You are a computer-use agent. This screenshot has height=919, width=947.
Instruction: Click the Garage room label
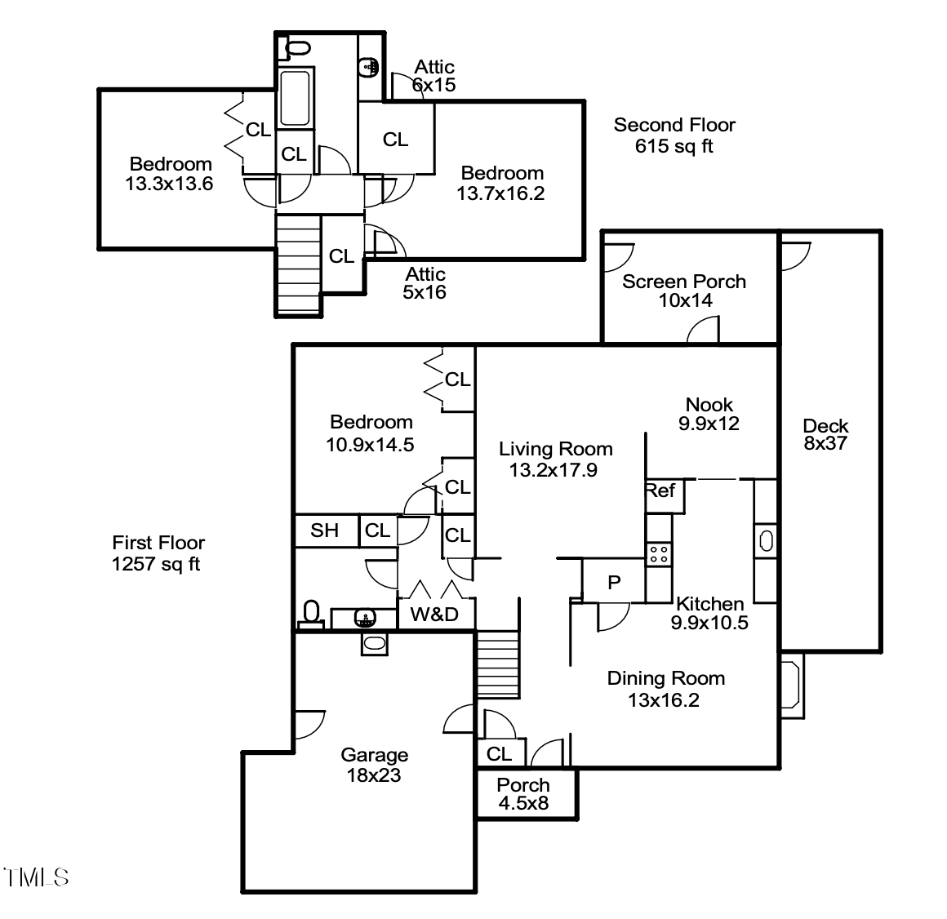(x=374, y=756)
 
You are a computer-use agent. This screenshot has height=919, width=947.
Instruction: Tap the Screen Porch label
(x=683, y=282)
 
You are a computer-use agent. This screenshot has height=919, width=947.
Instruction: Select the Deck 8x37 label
(x=825, y=435)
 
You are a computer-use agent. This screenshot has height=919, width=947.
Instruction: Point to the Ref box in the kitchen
(x=660, y=491)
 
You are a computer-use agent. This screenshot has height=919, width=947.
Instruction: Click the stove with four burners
(x=658, y=555)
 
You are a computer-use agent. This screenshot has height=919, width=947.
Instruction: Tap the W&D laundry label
(x=434, y=615)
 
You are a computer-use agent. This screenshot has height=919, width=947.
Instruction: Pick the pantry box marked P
(x=614, y=583)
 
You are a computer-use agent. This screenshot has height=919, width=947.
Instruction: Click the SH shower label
(x=325, y=531)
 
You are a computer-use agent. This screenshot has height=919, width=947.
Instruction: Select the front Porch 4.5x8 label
(x=523, y=793)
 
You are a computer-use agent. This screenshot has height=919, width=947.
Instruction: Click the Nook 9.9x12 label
(x=709, y=414)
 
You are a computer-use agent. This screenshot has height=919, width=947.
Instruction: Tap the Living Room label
(x=555, y=449)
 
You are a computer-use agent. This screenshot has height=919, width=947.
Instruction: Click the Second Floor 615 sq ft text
(x=674, y=135)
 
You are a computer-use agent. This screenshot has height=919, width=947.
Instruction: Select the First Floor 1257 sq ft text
(x=158, y=553)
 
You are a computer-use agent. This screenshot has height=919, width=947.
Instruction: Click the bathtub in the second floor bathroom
(x=295, y=98)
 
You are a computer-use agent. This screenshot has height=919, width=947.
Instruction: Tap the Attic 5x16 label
(x=425, y=283)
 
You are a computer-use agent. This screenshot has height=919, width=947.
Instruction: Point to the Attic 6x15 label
(x=433, y=75)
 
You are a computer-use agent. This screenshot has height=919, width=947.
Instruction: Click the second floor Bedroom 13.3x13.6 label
(x=170, y=174)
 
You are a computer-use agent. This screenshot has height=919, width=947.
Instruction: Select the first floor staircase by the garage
(x=497, y=664)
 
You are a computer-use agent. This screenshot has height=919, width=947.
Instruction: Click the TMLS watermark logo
(x=36, y=878)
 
